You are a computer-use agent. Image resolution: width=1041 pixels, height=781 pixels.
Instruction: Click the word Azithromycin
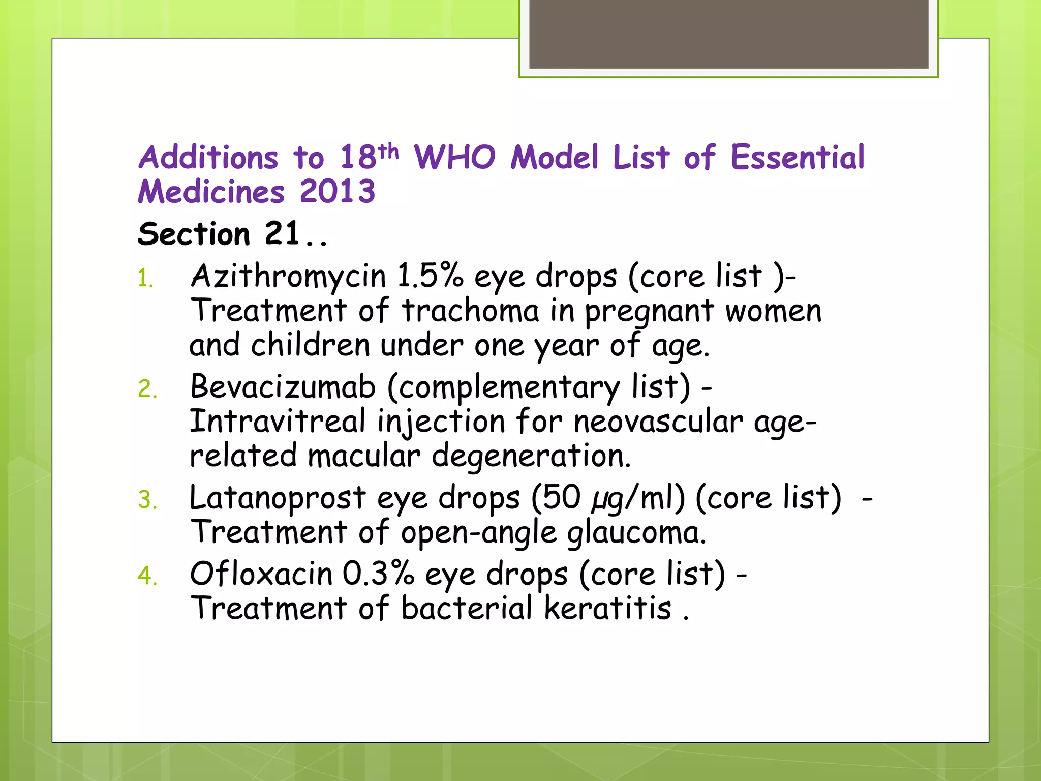[x=288, y=277]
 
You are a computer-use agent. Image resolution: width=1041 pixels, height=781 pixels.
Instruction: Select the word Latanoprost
[x=277, y=498]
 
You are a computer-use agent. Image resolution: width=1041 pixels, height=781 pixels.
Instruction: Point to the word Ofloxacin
[x=261, y=574]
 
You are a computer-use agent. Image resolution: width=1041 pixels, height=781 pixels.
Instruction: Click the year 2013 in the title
[x=338, y=192]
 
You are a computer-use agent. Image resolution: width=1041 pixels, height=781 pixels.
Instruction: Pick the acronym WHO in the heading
[x=454, y=157]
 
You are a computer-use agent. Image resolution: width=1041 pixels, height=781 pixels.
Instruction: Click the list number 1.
[x=145, y=279]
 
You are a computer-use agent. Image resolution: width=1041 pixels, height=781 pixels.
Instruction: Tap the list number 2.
[x=147, y=389]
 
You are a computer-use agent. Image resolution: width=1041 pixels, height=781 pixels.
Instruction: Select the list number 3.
[x=147, y=500]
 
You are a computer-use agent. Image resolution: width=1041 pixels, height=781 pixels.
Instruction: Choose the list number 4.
[x=147, y=576]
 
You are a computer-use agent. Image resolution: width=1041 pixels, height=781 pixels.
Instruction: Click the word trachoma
[x=470, y=311]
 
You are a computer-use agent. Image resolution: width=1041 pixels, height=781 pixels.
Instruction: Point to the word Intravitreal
[x=278, y=422]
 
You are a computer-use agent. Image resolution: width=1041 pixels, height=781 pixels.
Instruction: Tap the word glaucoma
[x=636, y=533]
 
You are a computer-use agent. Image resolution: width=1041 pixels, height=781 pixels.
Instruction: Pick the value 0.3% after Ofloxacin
[x=378, y=574]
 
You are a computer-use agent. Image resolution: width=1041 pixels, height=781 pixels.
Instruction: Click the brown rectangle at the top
[x=728, y=34]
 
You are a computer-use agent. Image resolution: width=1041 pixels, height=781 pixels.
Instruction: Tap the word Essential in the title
[x=797, y=157]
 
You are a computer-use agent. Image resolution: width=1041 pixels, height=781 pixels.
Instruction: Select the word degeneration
[x=531, y=456]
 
